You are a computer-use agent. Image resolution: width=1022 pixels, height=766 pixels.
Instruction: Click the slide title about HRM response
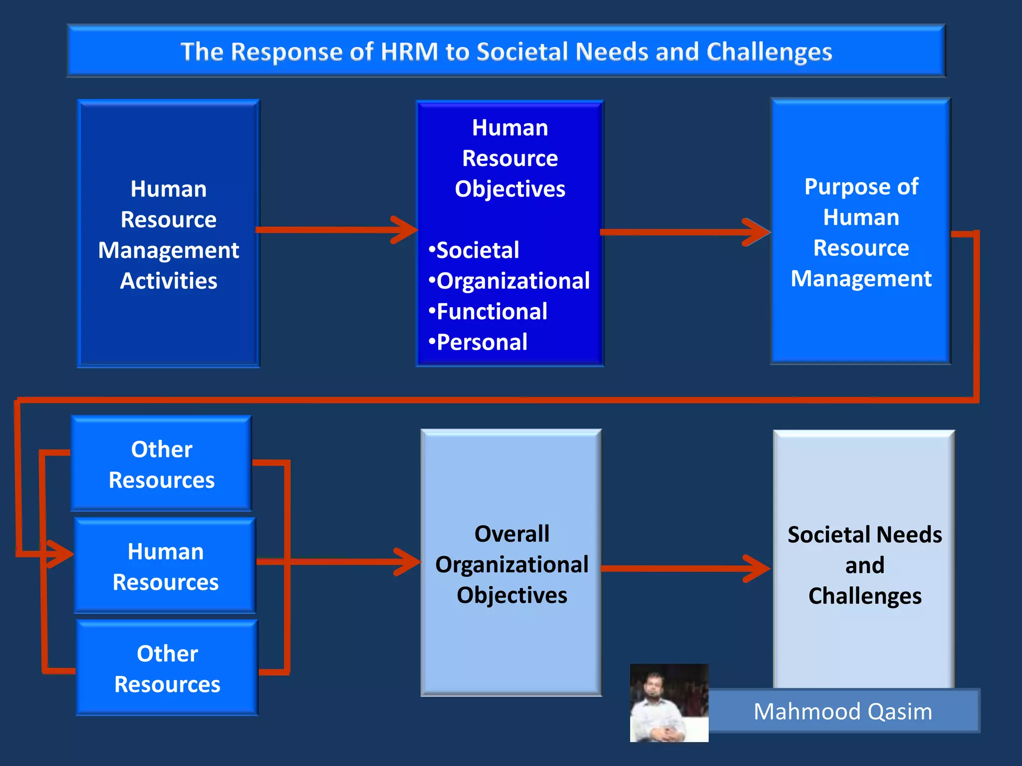click(506, 51)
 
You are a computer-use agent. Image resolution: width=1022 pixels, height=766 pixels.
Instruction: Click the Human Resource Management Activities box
click(169, 234)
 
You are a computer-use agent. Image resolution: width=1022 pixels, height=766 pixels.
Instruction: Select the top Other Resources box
click(161, 464)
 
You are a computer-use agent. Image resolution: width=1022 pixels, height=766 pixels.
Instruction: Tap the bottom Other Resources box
click(167, 668)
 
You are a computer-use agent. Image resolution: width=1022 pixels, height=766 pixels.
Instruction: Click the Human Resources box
click(165, 567)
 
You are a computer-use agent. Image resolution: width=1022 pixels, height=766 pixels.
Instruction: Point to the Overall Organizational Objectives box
click(511, 564)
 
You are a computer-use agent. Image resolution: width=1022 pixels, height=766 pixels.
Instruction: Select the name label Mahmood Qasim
click(843, 711)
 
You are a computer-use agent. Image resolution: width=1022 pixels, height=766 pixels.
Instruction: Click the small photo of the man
click(669, 703)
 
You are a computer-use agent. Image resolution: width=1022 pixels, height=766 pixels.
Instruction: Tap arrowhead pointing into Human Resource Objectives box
click(407, 230)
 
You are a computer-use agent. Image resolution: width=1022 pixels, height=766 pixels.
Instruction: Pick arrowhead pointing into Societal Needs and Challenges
click(760, 568)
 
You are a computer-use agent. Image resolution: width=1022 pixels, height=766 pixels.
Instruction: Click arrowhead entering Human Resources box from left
click(62, 554)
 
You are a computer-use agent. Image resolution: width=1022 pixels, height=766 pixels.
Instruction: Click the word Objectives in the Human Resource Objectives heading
click(510, 189)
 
